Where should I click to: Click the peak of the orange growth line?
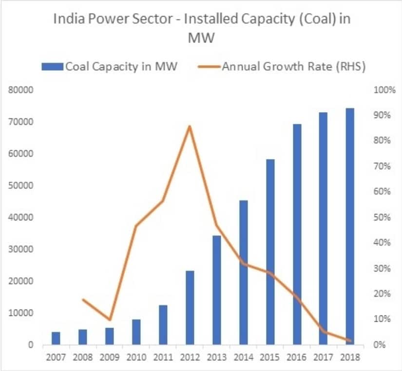pyautogui.click(x=190, y=126)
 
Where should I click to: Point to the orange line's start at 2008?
pyautogui.click(x=83, y=299)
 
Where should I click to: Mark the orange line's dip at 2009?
pyautogui.click(x=110, y=320)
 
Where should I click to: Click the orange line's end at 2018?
pyautogui.click(x=350, y=340)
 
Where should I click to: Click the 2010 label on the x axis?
pyautogui.click(x=136, y=357)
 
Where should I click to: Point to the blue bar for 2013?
pyautogui.click(x=217, y=290)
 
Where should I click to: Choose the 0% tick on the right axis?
pyautogui.click(x=380, y=345)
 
